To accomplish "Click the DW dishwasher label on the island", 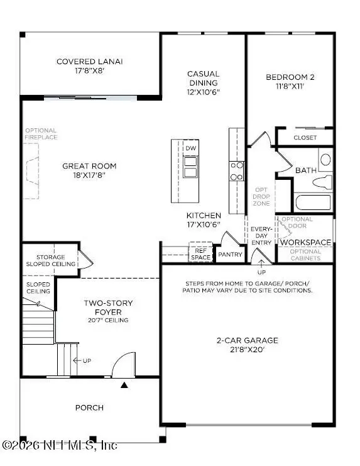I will click(190, 148).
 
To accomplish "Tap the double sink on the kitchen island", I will click(190, 167).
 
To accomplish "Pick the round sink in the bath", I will click(325, 160).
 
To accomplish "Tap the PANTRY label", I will click(230, 255).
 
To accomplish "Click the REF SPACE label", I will click(201, 253).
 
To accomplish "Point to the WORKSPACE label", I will click(305, 242).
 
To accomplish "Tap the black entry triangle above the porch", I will click(124, 384).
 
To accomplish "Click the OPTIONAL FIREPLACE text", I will click(41, 134).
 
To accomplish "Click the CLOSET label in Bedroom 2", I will click(305, 138).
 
